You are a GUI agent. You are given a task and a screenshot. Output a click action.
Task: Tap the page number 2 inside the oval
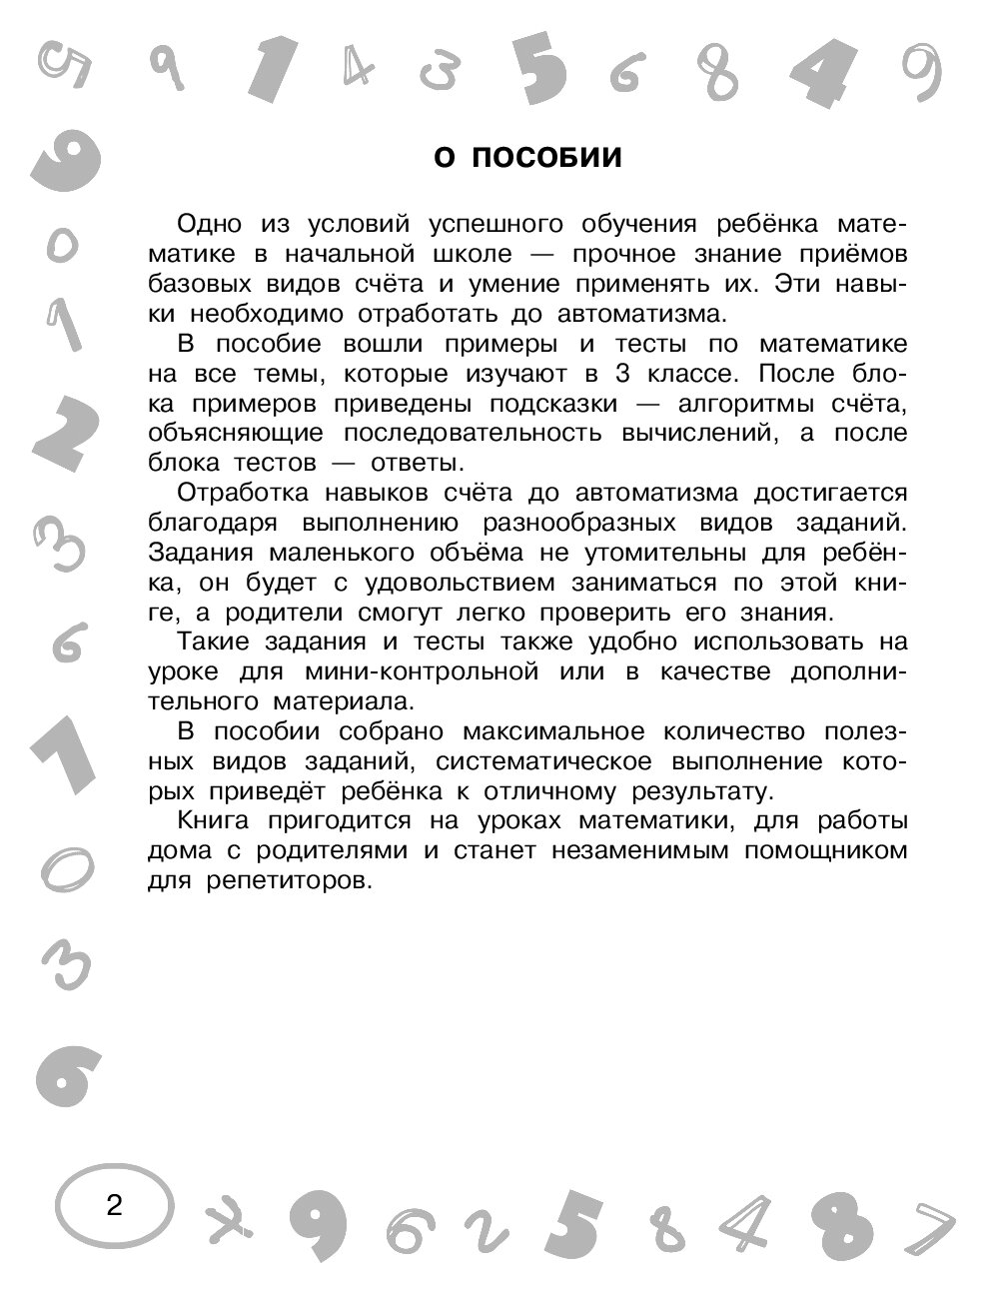pos(113,1206)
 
